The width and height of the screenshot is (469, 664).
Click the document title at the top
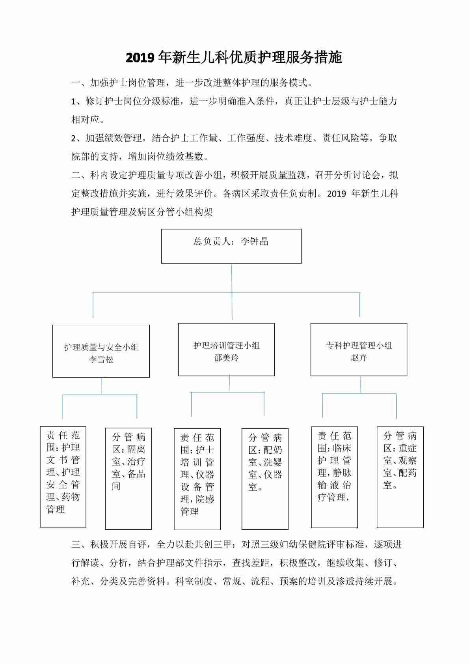pyautogui.click(x=234, y=58)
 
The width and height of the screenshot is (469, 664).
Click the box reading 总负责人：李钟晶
pyautogui.click(x=231, y=246)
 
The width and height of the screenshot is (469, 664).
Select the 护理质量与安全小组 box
pyautogui.click(x=101, y=351)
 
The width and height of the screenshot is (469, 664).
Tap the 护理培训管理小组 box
pyautogui.click(x=226, y=349)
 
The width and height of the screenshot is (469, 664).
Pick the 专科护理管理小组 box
pyautogui.click(x=359, y=349)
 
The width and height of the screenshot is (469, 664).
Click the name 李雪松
pyautogui.click(x=101, y=359)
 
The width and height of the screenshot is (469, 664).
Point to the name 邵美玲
pyautogui.click(x=226, y=358)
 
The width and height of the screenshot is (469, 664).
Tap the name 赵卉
pyautogui.click(x=359, y=358)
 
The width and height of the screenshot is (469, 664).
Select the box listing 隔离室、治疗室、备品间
pyautogui.click(x=128, y=479)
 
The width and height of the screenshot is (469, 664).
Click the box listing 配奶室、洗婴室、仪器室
pyautogui.click(x=265, y=479)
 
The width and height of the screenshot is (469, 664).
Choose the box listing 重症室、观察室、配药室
pyautogui.click(x=400, y=477)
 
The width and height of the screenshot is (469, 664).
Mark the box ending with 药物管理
pyautogui.click(x=63, y=477)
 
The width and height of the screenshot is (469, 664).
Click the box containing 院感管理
pyautogui.click(x=197, y=479)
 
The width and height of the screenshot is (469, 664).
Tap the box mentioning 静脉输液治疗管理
pyautogui.click(x=334, y=477)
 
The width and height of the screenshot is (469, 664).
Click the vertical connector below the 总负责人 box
pyautogui.click(x=231, y=278)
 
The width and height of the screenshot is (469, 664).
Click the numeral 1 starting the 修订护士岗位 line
pyautogui.click(x=73, y=101)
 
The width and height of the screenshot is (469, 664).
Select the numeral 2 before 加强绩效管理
pyautogui.click(x=74, y=138)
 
